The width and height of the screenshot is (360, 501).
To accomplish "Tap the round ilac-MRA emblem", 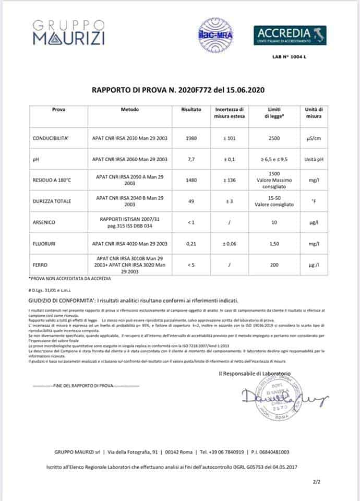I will [x=215, y=35].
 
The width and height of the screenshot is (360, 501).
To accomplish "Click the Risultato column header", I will [x=191, y=110].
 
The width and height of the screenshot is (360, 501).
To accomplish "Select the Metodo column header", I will [x=129, y=110].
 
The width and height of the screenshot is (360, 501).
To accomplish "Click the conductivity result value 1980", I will [x=191, y=139].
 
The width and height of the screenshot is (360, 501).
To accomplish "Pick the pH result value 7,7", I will [x=191, y=159].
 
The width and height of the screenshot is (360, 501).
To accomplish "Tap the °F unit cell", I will [x=314, y=201].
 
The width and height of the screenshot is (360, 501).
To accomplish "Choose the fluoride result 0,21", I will [x=191, y=243].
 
